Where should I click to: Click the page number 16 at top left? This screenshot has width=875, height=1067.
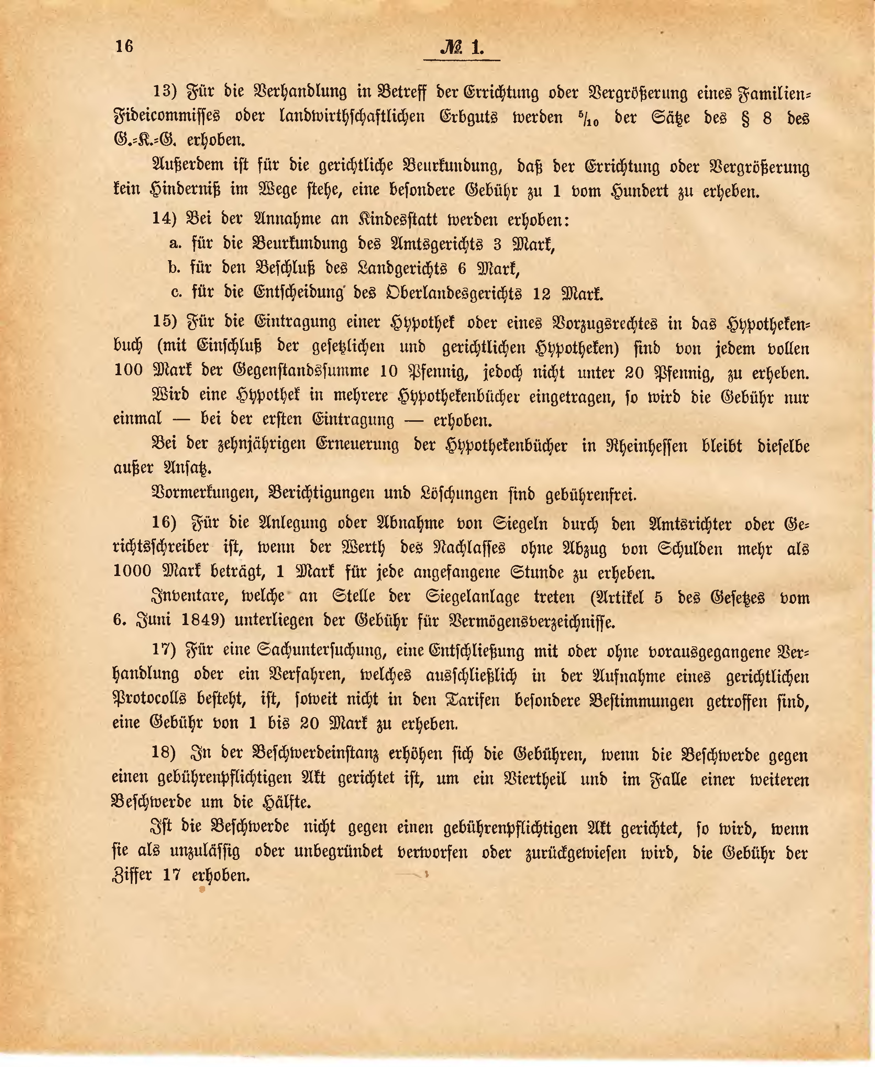tap(124, 47)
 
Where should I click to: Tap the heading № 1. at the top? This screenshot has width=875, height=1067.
tap(462, 48)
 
